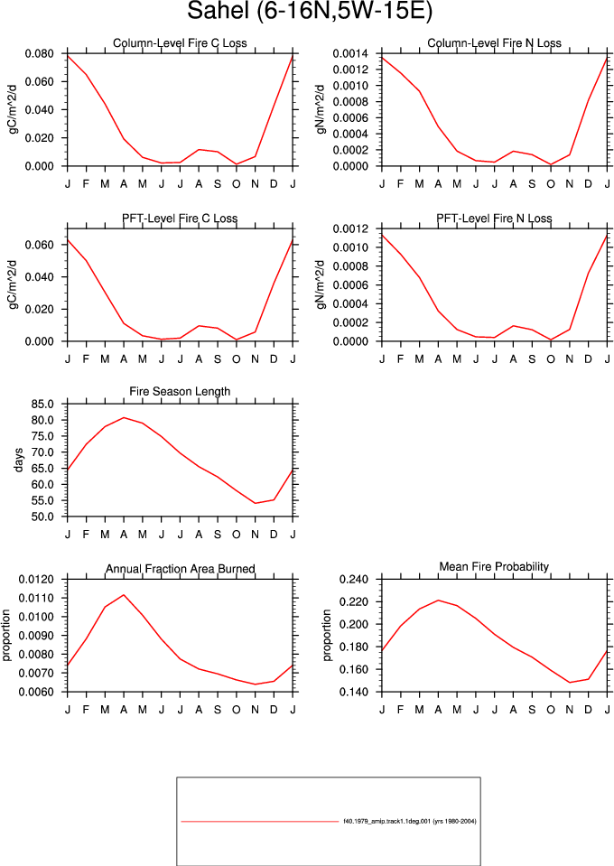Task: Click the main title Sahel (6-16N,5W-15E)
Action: click(309, 11)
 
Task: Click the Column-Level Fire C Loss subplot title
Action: click(180, 43)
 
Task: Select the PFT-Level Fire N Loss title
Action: click(494, 219)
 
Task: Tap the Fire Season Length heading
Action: click(180, 392)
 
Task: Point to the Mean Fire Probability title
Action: click(494, 567)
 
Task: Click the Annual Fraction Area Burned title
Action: click(180, 569)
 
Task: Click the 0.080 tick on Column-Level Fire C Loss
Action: click(39, 53)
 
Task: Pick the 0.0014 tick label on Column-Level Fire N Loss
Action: click(350, 53)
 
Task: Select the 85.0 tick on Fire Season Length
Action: click(42, 405)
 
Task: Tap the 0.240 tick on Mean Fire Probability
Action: click(354, 580)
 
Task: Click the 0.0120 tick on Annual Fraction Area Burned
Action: click(36, 580)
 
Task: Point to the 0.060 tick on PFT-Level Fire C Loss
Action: click(39, 245)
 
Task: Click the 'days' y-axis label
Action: click(19, 460)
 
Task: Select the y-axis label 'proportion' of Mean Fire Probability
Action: click(327, 635)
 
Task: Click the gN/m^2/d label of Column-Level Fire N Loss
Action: click(321, 109)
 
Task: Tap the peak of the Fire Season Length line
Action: click(124, 417)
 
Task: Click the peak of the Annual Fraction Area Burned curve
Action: click(124, 595)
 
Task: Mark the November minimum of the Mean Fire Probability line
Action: click(569, 683)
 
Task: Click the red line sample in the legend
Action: click(259, 822)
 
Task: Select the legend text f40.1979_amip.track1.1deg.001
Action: click(386, 821)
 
